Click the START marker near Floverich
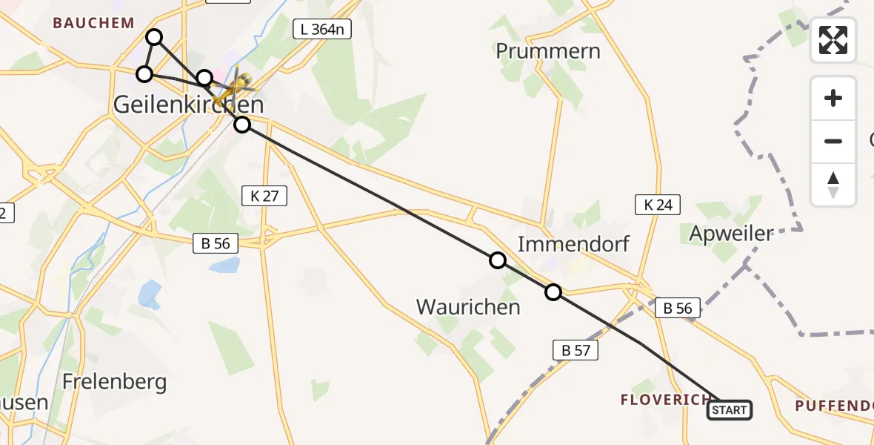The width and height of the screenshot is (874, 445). pyautogui.click(x=730, y=410)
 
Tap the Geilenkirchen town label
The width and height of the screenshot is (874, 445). pyautogui.click(x=188, y=105)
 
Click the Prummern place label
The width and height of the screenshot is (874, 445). pyautogui.click(x=548, y=51)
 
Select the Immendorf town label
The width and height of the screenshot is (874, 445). pyautogui.click(x=573, y=243)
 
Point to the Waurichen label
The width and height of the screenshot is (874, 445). pyautogui.click(x=468, y=306)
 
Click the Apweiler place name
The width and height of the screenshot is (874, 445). pyautogui.click(x=731, y=234)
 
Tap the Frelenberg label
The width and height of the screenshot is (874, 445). pyautogui.click(x=114, y=382)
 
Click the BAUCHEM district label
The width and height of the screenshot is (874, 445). pyautogui.click(x=93, y=23)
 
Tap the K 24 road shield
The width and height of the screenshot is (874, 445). pyautogui.click(x=658, y=205)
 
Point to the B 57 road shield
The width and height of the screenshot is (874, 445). pyautogui.click(x=576, y=350)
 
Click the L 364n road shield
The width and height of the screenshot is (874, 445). pyautogui.click(x=321, y=30)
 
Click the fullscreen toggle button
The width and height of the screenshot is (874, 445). pyautogui.click(x=833, y=40)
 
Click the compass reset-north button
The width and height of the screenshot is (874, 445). pyautogui.click(x=833, y=185)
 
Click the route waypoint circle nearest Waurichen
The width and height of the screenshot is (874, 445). pyautogui.click(x=498, y=260)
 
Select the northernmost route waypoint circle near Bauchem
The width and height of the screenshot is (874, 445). pyautogui.click(x=154, y=37)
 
